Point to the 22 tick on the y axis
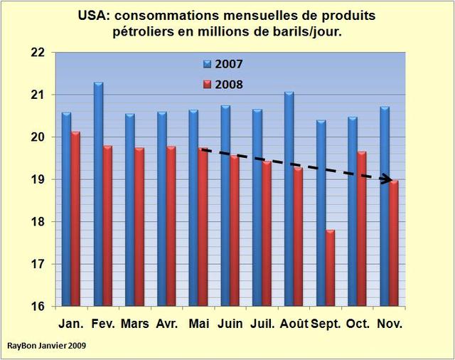(x=38, y=53)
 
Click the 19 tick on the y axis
(x=38, y=180)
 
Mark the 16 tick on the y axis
(x=38, y=307)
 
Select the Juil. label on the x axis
(x=262, y=324)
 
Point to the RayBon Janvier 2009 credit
(x=49, y=346)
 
